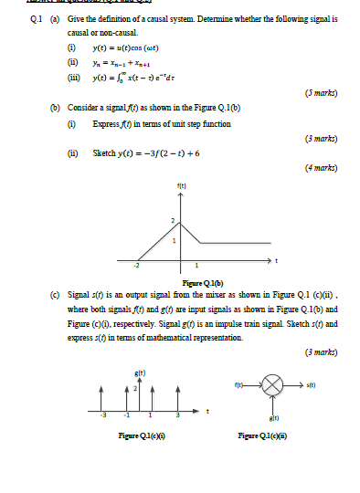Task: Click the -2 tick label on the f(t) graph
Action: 137,265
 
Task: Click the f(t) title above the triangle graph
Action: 184,185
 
